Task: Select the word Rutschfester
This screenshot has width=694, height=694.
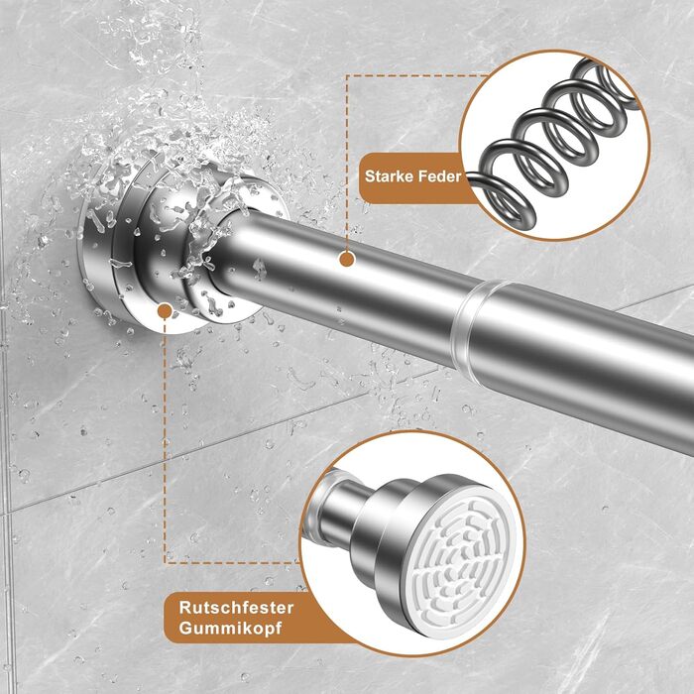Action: pos(236,608)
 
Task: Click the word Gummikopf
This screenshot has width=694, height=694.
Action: pos(230,629)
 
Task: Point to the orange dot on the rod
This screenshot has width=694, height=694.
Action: pos(347,260)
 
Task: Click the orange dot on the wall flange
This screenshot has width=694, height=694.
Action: pos(165,311)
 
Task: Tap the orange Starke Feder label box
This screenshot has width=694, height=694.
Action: pos(409,177)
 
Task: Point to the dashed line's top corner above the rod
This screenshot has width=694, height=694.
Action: pos(347,76)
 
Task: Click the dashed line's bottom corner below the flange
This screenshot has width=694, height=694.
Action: pos(166,563)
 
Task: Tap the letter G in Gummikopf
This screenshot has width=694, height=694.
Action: pos(186,628)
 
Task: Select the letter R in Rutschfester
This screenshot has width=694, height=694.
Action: pos(185,608)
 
